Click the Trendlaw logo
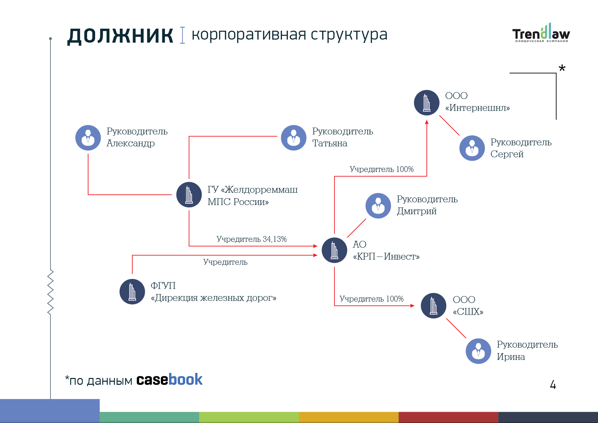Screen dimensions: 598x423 tap(541, 33)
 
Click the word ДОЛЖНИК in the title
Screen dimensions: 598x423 tap(120, 36)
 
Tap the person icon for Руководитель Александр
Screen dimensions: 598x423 tap(88, 138)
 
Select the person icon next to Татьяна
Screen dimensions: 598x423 tap(294, 138)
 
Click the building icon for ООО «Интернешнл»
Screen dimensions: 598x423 tap(427, 103)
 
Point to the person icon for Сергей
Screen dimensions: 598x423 tap(472, 148)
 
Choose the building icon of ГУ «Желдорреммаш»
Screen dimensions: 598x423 tap(189, 195)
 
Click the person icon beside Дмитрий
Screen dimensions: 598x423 tap(378, 206)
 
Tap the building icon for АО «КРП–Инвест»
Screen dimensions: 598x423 tap(334, 250)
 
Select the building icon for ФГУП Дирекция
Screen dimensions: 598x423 tap(132, 292)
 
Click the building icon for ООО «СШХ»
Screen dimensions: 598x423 tap(433, 306)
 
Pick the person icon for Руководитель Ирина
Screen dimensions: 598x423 tap(479, 351)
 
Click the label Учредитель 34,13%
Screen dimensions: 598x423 tap(252, 239)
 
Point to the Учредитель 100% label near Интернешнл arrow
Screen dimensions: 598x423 tap(382, 169)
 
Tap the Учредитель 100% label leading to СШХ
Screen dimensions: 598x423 tap(372, 299)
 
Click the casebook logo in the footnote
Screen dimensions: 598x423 tap(169, 379)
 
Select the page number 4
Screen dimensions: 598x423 tap(553, 385)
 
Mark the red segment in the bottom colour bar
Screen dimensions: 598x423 tap(448, 417)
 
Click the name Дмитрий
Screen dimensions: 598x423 tap(417, 211)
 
